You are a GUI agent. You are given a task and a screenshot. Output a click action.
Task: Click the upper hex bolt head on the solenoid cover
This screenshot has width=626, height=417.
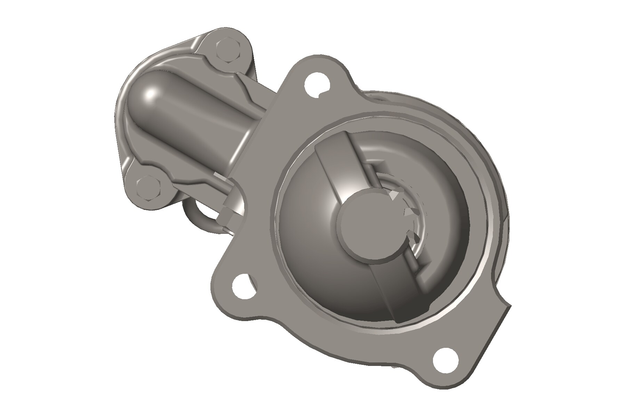coord(228,51)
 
